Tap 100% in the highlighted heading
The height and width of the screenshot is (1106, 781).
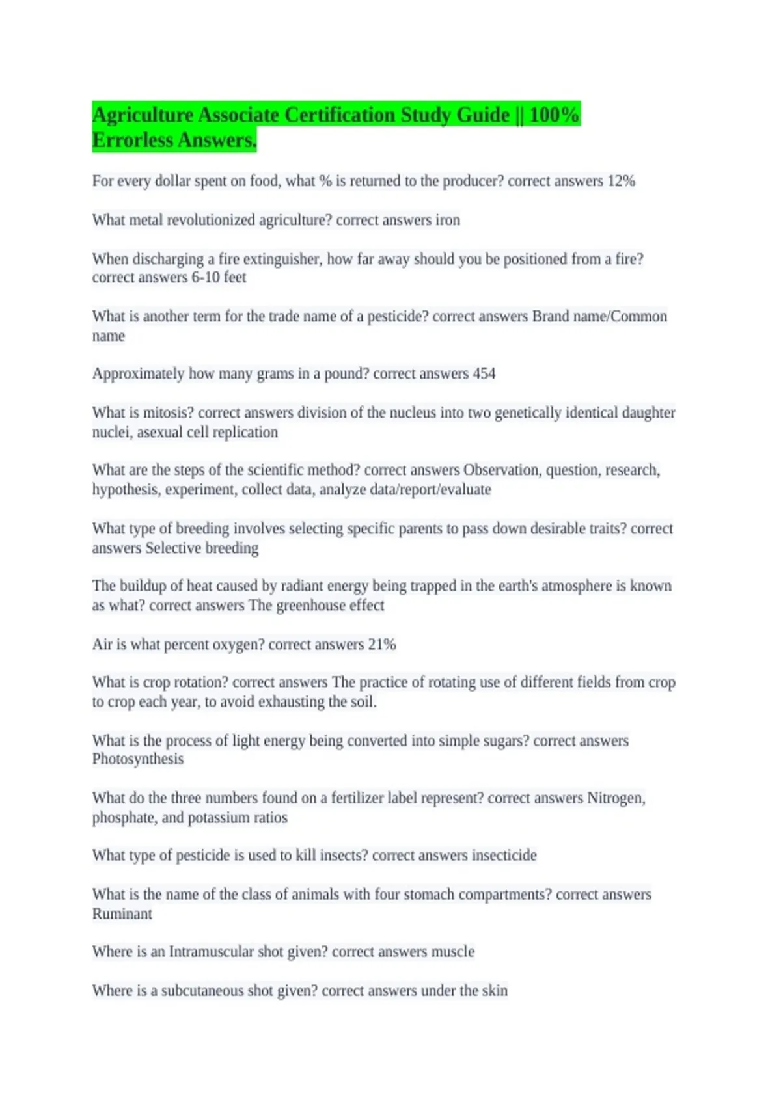coord(554,115)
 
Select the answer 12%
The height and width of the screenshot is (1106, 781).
coord(621,181)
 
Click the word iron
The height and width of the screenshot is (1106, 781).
coord(447,220)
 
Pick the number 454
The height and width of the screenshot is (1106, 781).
coord(484,373)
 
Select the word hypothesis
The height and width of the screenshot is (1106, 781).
coord(126,489)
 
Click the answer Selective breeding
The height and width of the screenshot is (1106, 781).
coord(202,548)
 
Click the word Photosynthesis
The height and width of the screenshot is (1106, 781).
coord(138,759)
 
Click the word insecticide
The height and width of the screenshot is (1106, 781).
coord(504,855)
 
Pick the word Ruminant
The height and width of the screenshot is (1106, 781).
coord(122,913)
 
